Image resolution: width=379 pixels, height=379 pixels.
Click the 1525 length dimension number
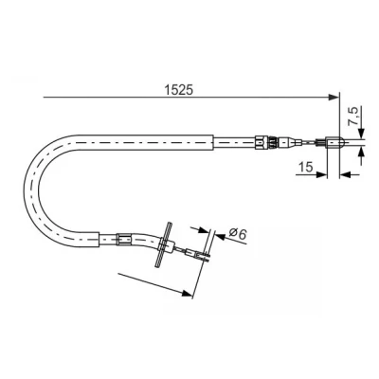178,90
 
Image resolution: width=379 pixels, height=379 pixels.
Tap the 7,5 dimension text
354,117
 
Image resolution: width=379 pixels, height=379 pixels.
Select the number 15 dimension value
305,167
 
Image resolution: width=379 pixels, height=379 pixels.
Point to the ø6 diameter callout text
238,234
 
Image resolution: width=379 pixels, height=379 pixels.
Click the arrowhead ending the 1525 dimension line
334,98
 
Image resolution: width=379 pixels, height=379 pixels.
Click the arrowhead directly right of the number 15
321,174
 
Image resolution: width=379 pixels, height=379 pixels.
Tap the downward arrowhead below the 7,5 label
361,133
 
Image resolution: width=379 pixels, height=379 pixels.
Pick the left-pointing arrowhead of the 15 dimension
345,174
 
